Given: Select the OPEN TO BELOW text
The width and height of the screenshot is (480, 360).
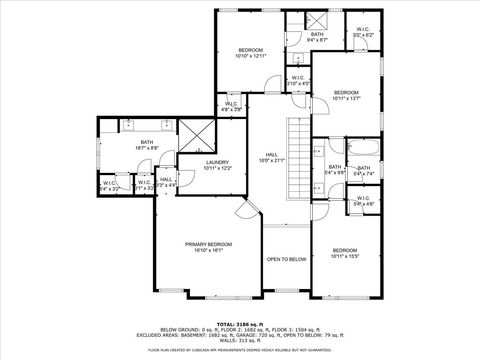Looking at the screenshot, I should [286, 259].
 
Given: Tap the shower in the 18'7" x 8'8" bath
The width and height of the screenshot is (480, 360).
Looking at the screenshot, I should [194, 133].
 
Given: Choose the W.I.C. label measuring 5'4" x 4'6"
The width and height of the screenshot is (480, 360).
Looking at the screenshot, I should [362, 203].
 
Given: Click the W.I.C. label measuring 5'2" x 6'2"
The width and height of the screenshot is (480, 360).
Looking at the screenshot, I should [362, 30].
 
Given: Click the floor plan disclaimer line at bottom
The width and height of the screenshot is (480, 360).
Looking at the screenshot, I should [240, 350].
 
